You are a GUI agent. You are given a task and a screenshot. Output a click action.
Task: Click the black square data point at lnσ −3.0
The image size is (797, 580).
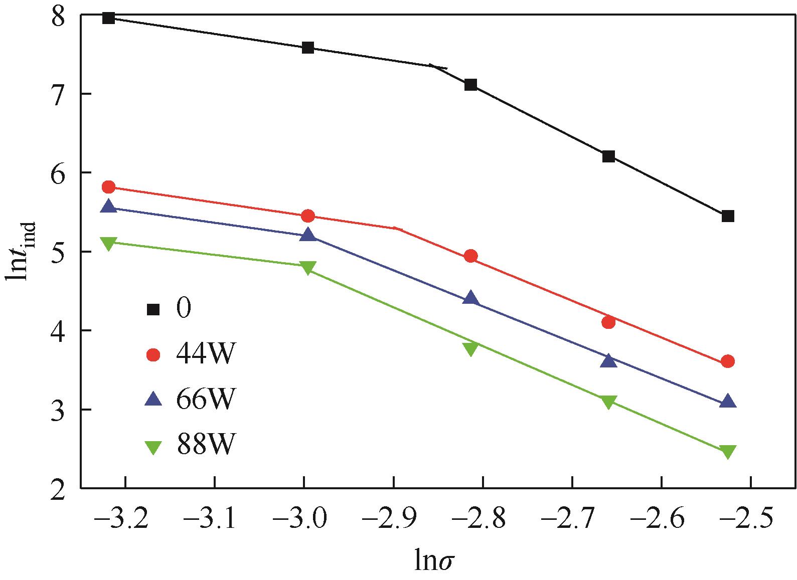point(308,48)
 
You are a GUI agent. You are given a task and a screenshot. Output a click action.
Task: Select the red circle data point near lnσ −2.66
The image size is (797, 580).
point(608,322)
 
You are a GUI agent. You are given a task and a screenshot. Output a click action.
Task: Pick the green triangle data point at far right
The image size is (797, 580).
point(728,451)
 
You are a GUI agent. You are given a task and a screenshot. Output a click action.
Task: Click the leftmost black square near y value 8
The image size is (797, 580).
point(109,19)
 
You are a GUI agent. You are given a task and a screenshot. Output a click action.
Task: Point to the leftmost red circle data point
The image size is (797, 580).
point(109,187)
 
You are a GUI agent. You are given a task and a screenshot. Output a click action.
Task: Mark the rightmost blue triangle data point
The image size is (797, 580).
point(728,402)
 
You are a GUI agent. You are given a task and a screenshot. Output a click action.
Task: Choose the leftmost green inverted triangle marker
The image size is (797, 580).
point(109,243)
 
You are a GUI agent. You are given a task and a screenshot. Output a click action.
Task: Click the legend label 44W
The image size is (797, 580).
point(205,355)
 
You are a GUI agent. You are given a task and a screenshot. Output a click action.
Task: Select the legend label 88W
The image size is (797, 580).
point(205,444)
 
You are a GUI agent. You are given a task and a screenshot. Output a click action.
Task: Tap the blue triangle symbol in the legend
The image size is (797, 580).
point(153,400)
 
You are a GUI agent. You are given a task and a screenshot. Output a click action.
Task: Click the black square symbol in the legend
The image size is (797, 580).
point(153,310)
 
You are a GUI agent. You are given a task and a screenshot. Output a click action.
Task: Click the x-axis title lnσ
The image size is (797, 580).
point(435,561)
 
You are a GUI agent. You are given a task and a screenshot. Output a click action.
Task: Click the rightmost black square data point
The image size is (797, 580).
point(728,216)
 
